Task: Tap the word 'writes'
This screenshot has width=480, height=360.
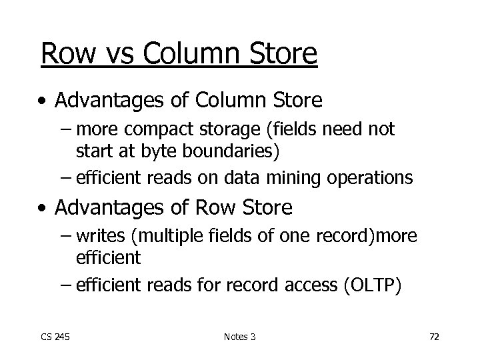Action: [x=99, y=237]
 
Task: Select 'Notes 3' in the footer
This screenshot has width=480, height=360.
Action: [x=239, y=337]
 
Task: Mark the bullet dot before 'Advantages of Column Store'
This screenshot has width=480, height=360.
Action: [x=43, y=101]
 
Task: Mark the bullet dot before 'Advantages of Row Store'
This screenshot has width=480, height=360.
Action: [x=43, y=209]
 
